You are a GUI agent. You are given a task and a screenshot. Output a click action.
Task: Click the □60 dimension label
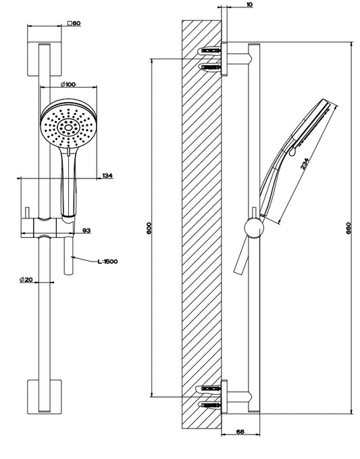74,24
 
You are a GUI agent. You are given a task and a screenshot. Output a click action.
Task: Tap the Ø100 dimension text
68,84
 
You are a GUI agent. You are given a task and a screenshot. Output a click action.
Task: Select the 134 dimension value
107,176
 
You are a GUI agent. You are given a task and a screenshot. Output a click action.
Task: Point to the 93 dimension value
86,231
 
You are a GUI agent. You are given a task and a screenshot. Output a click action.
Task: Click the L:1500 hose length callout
107,262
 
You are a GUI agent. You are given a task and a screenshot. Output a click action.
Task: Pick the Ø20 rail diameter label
26,280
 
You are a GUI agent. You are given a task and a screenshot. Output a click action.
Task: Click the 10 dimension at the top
249,5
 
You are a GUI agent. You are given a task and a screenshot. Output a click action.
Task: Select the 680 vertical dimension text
349,228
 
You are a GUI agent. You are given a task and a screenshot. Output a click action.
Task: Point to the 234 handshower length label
304,164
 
